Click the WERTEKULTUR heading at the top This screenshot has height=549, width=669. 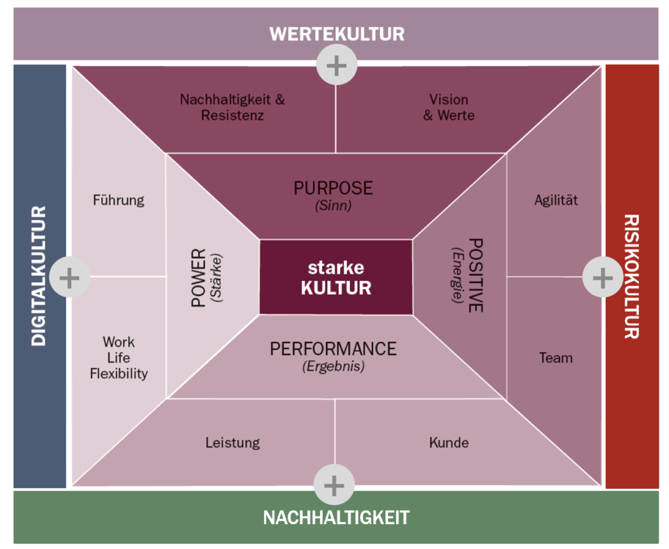click(336, 34)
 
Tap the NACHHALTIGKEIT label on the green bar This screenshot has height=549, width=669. click(336, 518)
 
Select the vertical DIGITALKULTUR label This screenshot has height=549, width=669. click(39, 276)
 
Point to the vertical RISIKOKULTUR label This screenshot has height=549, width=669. click(630, 276)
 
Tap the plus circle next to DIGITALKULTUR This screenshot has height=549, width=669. click(69, 277)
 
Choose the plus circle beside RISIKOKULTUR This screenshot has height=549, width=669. click(602, 277)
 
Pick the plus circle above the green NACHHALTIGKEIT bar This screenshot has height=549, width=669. click(334, 486)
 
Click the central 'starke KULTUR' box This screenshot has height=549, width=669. click(336, 278)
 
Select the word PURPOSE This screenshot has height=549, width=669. click(333, 188)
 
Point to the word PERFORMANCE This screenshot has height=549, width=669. click(333, 348)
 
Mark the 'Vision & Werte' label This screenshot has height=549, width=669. click(449, 107)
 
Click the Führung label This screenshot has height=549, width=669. click(118, 200)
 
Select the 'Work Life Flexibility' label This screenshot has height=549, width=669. click(119, 358)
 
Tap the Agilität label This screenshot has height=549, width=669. click(556, 200)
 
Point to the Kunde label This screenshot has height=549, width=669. click(449, 442)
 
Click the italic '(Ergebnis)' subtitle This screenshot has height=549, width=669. click(333, 367)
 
